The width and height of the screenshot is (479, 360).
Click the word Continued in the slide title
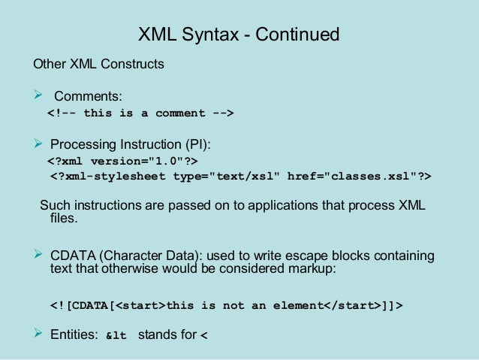[299, 35]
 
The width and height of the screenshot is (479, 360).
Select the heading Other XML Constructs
[98, 65]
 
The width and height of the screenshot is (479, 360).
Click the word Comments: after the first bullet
[88, 96]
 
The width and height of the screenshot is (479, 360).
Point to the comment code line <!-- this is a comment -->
[141, 113]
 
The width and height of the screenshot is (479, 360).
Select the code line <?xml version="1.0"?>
[124, 161]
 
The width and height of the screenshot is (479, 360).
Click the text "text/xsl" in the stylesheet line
[249, 177]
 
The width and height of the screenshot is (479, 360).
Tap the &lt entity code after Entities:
[115, 336]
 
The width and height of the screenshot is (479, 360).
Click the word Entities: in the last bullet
[74, 335]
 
